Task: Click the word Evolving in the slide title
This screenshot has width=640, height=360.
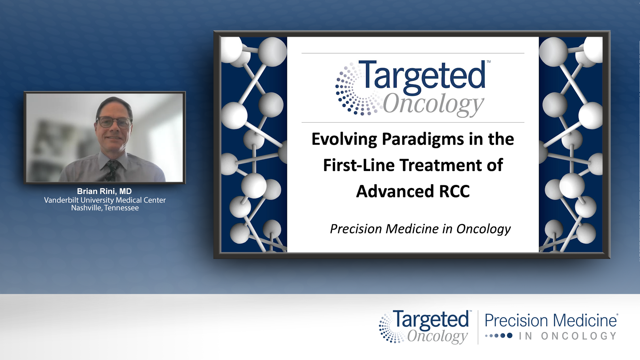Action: tap(344, 139)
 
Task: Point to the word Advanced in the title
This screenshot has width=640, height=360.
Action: tap(395, 191)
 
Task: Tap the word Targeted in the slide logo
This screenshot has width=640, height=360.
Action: tap(424, 76)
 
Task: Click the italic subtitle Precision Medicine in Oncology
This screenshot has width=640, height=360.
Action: tap(420, 229)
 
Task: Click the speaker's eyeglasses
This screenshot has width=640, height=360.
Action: tap(114, 122)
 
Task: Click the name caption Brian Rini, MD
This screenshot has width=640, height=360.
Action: tap(104, 191)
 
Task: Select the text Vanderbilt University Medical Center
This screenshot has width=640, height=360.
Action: tap(105, 200)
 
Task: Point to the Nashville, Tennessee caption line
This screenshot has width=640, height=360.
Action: tap(105, 208)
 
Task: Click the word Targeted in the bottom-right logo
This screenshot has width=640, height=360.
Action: tap(431, 320)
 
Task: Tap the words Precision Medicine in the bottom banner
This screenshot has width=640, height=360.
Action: tap(551, 321)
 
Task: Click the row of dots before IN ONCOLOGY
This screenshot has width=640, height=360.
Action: tap(499, 336)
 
